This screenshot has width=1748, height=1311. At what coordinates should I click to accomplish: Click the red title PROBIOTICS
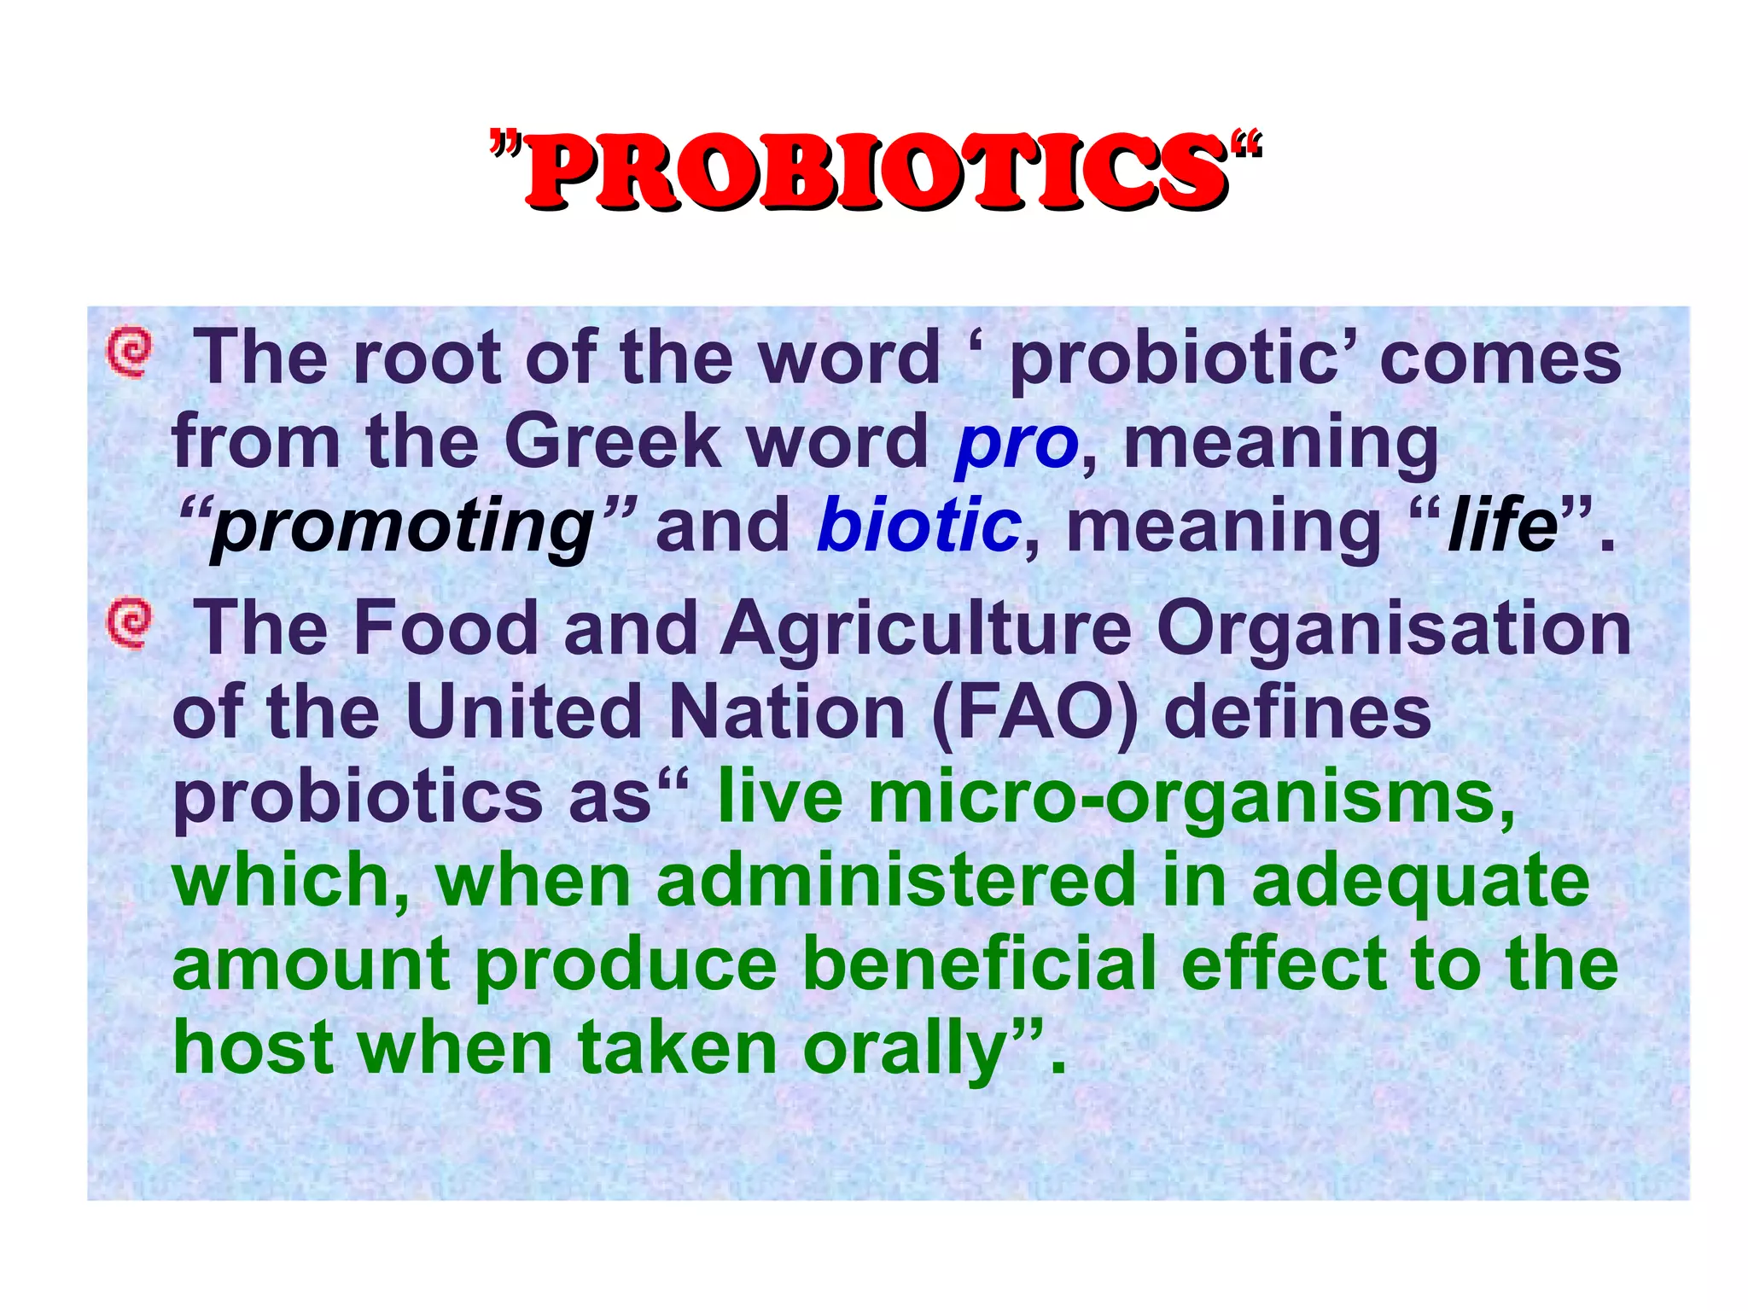click(x=876, y=171)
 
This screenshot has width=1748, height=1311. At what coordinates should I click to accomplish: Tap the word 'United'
click(x=523, y=714)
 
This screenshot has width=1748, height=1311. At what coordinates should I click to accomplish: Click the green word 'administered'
click(x=896, y=881)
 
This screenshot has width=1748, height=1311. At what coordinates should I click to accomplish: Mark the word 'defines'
click(x=1297, y=714)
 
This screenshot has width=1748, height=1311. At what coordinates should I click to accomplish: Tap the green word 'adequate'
click(x=1420, y=883)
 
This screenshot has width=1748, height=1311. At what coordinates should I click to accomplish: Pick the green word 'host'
click(x=253, y=1048)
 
